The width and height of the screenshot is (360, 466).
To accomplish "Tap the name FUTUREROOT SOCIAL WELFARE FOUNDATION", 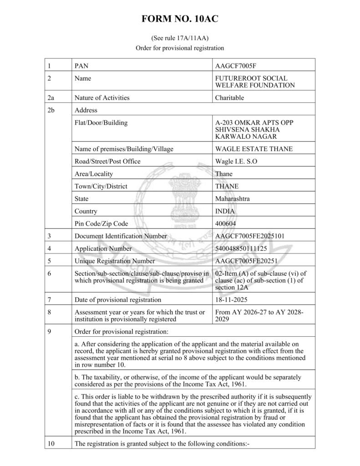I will point(254,81).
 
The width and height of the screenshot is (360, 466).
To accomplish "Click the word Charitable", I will point(229,97).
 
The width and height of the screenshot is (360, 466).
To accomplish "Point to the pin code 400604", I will point(226,223).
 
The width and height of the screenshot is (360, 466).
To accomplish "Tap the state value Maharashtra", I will point(232,198).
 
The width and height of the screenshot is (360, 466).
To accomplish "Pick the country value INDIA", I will point(225,211).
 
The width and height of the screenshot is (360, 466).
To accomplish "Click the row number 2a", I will point(51,97).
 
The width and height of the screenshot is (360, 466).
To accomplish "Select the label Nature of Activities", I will point(102,97).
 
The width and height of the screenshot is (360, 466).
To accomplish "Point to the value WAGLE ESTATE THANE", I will point(254,149).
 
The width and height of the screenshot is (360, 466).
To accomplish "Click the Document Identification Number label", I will point(121,236).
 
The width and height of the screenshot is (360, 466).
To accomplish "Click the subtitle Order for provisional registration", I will point(180,48).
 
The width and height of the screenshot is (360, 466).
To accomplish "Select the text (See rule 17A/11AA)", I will point(180,39).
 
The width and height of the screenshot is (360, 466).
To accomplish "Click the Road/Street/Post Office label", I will point(107,161).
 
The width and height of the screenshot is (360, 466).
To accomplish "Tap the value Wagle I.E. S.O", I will point(237,161).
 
